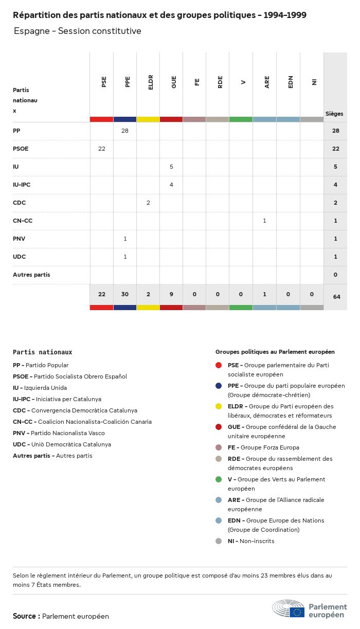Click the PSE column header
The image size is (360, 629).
pos(104,81)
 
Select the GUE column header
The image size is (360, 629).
pos(174,81)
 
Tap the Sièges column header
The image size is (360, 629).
pos(334,114)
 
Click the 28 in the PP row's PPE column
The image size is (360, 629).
pos(125,131)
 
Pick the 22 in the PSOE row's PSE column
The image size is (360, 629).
pos(102,149)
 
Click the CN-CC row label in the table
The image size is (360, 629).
pos(23,221)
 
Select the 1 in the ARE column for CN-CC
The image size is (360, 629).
pos(264,221)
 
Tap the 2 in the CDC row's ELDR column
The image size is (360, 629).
pos(148,203)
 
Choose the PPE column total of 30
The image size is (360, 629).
pos(125,294)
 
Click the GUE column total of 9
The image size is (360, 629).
pos(172,294)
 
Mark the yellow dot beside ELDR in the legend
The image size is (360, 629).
pos(219,406)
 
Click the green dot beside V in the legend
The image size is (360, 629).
pos(219,479)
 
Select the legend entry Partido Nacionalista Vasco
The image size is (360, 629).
pos(59,433)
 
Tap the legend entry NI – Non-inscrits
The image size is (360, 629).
pos(251,541)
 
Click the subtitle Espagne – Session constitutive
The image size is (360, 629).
pos(77,31)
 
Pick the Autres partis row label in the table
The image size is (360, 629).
pos(31,275)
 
